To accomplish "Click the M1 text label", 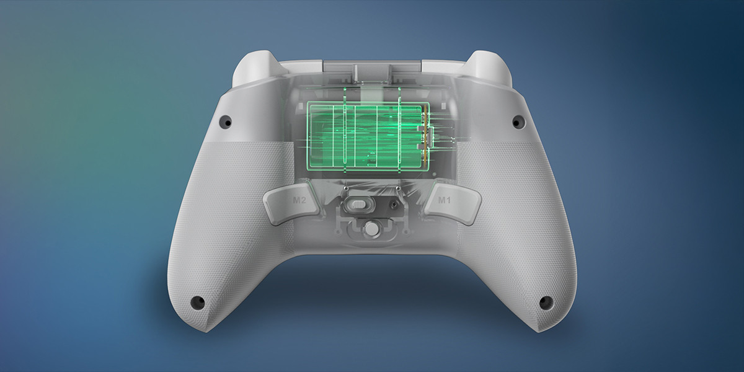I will (x=445, y=200).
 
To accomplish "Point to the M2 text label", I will (x=299, y=200).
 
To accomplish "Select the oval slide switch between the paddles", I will (x=357, y=205).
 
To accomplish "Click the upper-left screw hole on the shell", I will (x=228, y=122).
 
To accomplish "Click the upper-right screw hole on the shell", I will (x=516, y=122).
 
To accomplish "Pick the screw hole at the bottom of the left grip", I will (x=198, y=302).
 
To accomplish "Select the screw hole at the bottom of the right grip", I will (x=546, y=302).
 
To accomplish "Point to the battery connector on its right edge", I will (x=425, y=136).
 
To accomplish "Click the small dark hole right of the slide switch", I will (x=393, y=204).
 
